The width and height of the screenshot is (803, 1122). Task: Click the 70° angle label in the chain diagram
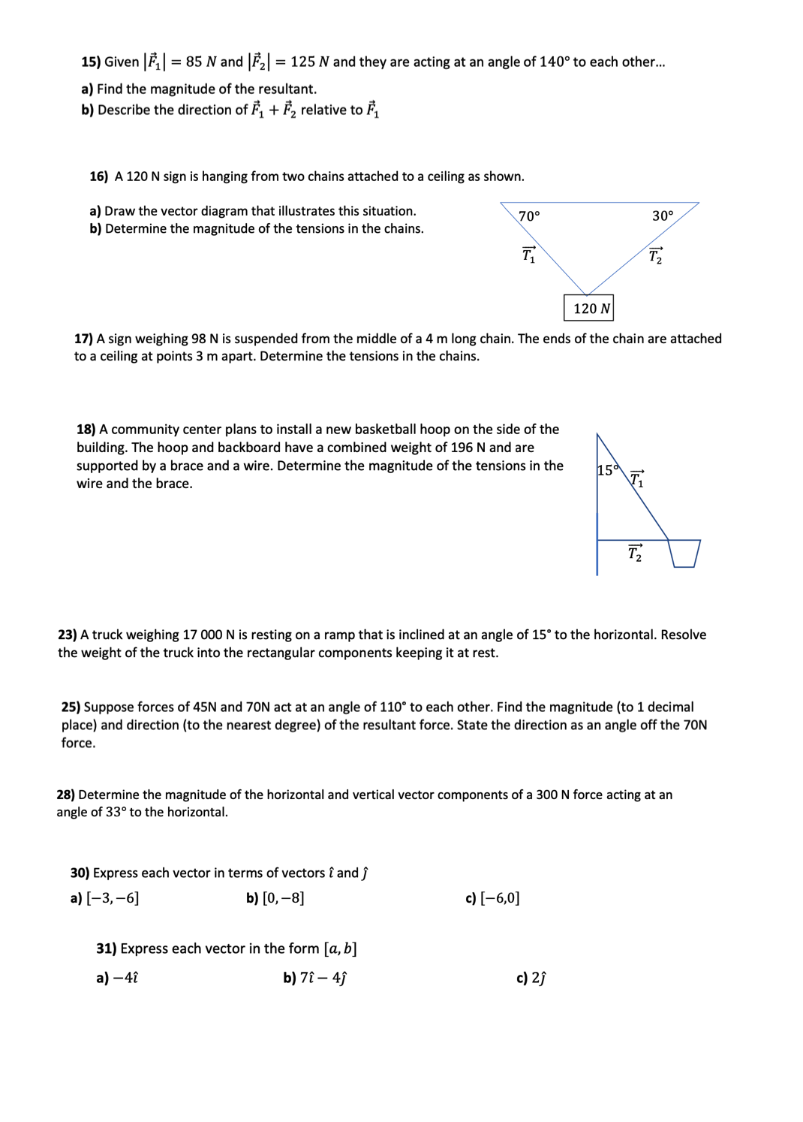click(x=529, y=216)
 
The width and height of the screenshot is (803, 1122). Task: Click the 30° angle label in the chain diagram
click(x=663, y=216)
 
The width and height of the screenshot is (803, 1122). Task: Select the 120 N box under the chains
click(x=589, y=308)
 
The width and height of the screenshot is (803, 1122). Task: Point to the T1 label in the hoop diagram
click(x=636, y=479)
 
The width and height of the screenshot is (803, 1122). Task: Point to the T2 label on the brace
click(x=635, y=553)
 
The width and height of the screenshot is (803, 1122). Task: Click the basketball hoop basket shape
click(x=684, y=553)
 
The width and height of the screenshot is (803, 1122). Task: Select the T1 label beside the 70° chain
click(x=529, y=255)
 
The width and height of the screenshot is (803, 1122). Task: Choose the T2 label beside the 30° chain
click(x=656, y=255)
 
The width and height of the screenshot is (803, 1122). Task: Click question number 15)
click(x=90, y=62)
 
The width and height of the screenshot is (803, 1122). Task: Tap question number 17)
click(x=83, y=339)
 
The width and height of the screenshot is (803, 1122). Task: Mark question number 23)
click(x=67, y=635)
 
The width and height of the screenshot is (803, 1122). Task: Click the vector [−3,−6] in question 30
click(x=113, y=898)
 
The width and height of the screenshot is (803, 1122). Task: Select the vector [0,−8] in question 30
click(x=283, y=898)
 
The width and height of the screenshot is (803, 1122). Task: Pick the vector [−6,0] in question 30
click(x=500, y=898)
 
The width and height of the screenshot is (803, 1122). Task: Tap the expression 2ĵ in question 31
click(x=539, y=978)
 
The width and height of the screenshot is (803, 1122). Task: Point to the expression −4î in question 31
click(x=125, y=978)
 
